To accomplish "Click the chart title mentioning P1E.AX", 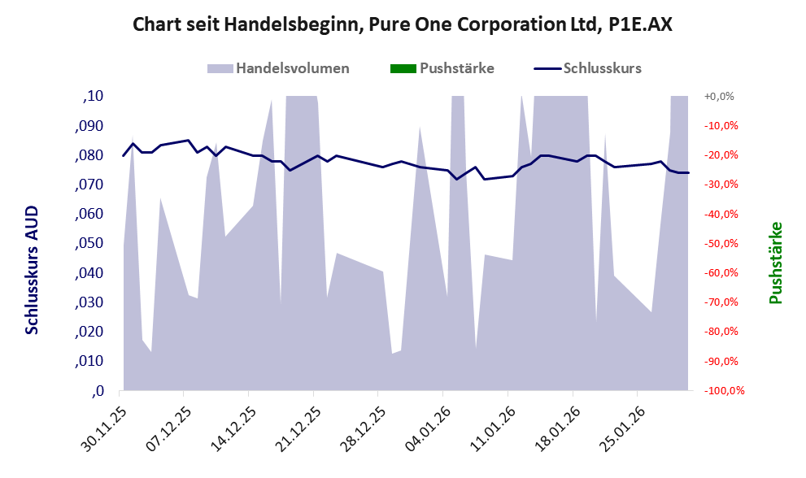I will pos(403,25).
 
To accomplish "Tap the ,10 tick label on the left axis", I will pos(94,96).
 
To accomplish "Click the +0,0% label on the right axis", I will pos(719,96).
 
